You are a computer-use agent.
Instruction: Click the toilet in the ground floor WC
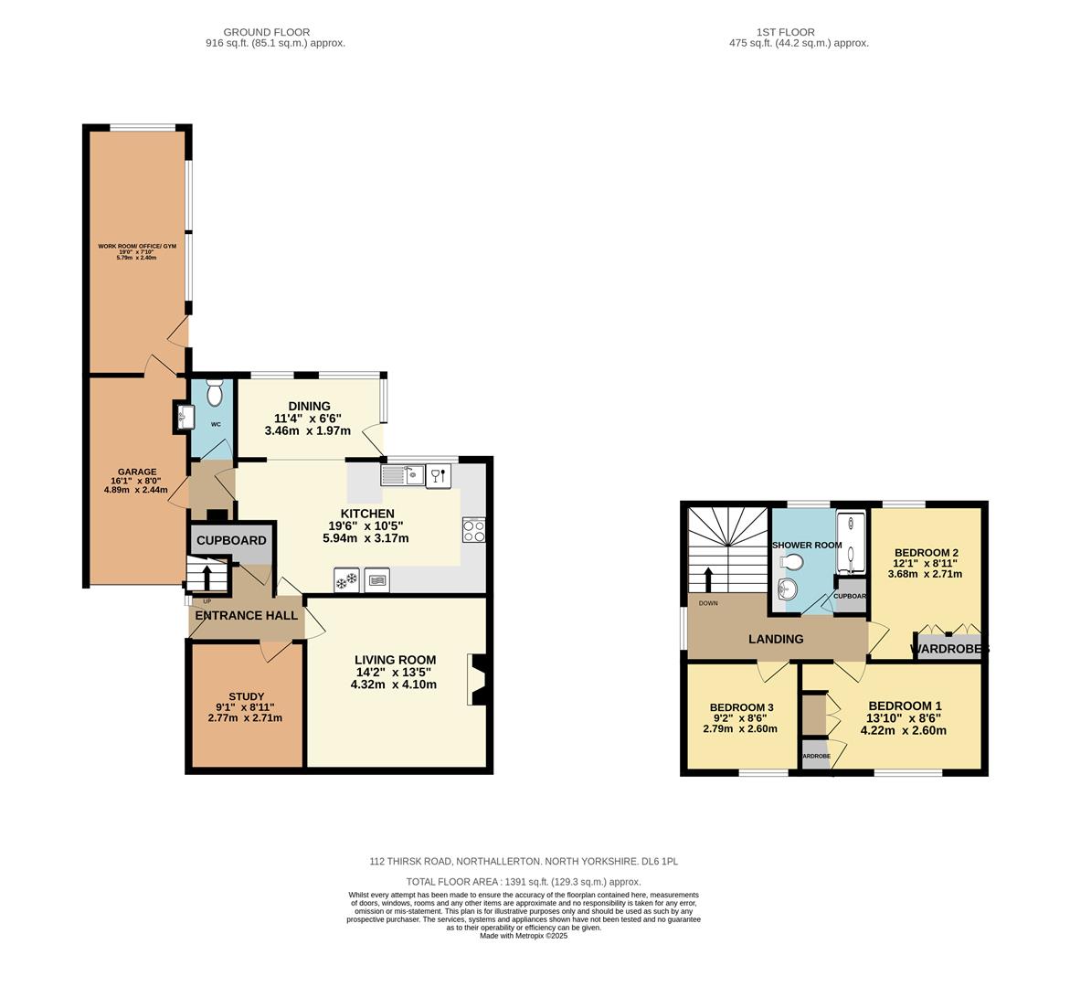coord(216,393)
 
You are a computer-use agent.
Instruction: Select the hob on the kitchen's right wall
coord(473,530)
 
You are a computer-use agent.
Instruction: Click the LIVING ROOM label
coord(396,660)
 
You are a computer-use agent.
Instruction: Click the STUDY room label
coord(246,696)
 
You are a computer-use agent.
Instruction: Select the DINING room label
coord(309,407)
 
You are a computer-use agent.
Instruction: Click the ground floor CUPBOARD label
coord(231,540)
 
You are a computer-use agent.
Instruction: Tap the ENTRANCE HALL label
coord(247,616)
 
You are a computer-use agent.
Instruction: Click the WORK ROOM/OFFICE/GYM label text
coord(136,246)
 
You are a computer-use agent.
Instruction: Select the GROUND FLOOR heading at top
coord(267,32)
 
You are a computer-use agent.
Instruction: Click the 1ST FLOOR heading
coord(772,32)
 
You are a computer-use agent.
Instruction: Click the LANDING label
coord(776,639)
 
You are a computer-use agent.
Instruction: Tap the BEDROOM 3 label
coord(741,707)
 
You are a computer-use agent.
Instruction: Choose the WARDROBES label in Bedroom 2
coord(949,650)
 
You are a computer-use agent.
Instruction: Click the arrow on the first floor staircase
coord(708,579)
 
